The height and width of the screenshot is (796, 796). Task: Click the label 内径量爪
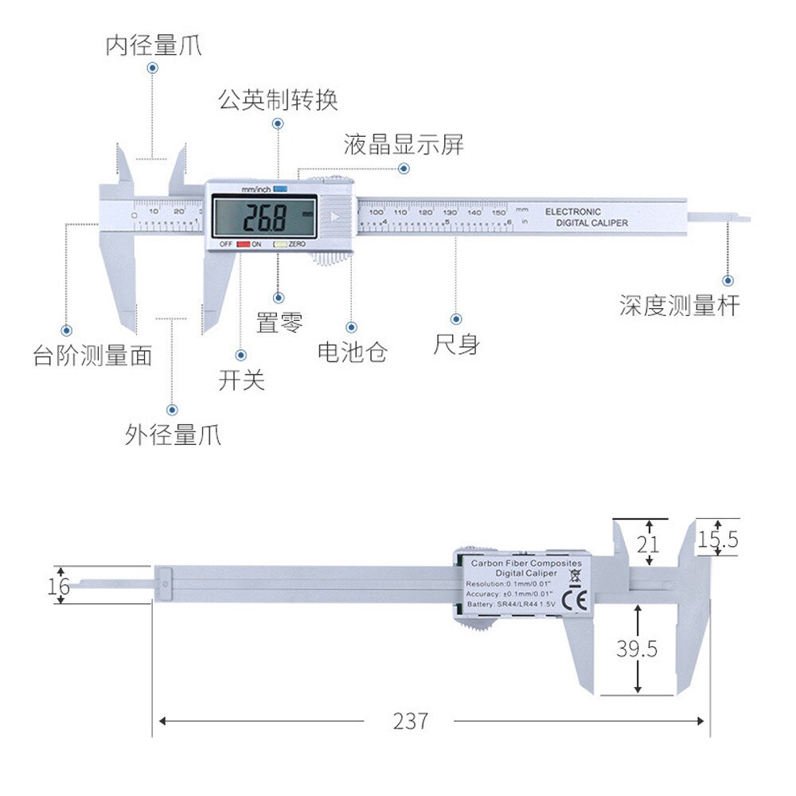[x=154, y=45]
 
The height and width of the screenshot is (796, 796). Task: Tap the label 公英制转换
[x=279, y=100]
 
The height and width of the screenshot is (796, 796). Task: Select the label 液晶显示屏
[x=404, y=145]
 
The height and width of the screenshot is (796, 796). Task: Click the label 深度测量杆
[x=680, y=306]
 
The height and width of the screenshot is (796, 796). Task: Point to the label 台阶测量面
[x=92, y=355]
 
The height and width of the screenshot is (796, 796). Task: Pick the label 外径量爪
[x=173, y=435]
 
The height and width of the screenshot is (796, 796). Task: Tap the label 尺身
[x=456, y=345]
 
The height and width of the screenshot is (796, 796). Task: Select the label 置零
[x=279, y=322]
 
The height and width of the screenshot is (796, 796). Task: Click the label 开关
[x=241, y=380]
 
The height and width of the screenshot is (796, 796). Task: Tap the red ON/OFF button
[x=244, y=244]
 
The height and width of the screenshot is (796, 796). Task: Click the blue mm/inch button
[x=279, y=189]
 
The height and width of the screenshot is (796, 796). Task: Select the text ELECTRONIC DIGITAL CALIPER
[x=586, y=217]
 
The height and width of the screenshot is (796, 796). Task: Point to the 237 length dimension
[x=410, y=721]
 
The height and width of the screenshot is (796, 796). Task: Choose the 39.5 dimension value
[x=637, y=649]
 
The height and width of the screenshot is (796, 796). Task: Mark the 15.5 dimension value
[x=718, y=540]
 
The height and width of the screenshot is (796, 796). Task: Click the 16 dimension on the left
[x=59, y=587]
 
